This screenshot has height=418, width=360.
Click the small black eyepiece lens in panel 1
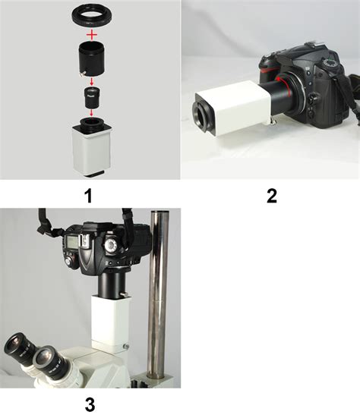[92, 97]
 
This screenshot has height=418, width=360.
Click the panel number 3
[90, 404]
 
